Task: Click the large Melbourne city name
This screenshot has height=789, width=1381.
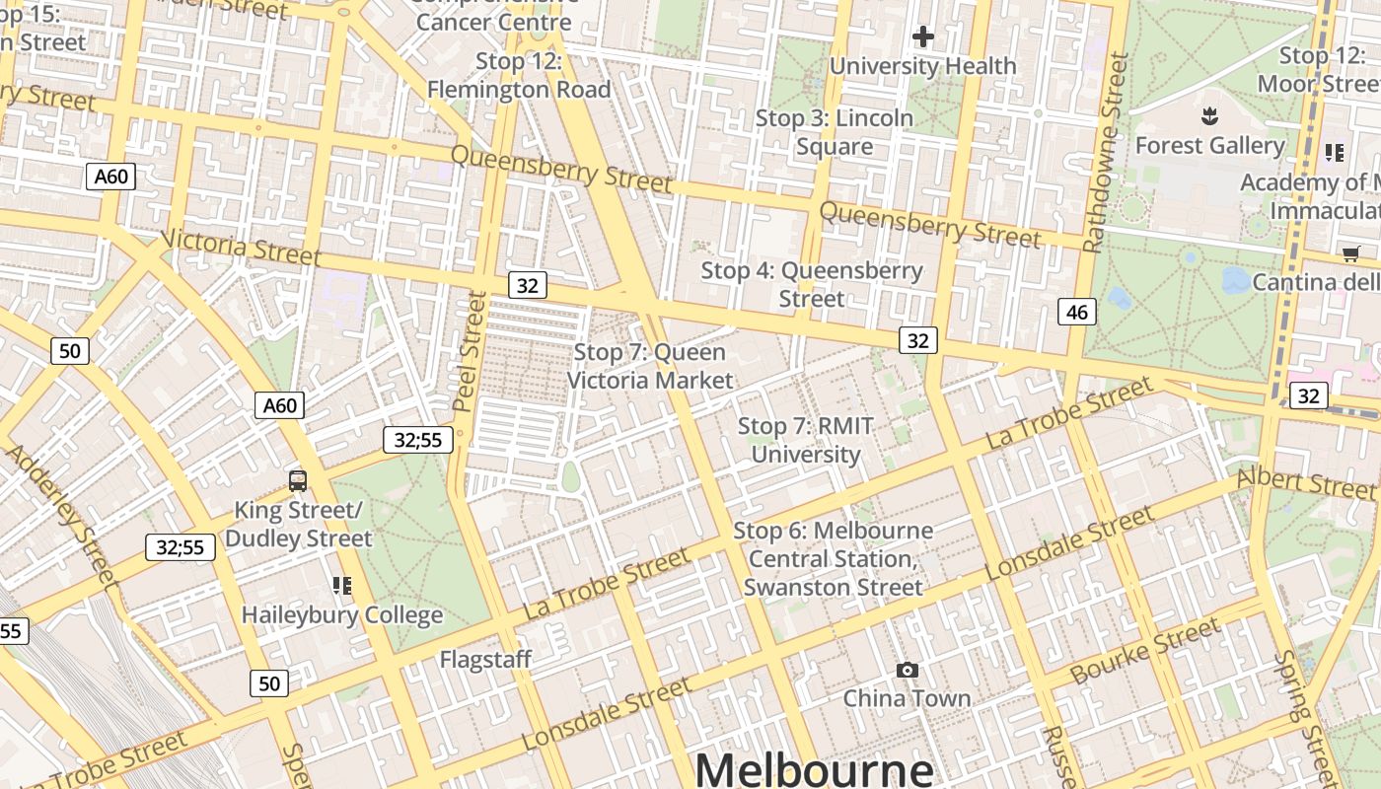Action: pos(814,769)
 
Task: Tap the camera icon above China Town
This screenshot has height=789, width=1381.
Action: pos(908,671)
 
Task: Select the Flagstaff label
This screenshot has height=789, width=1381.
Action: pos(485,659)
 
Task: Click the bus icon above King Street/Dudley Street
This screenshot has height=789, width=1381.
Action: pos(298,481)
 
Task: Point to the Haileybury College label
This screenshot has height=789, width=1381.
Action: pos(342,614)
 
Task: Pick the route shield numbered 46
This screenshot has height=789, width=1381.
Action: pos(1077,313)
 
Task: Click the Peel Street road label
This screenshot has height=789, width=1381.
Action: pos(471,351)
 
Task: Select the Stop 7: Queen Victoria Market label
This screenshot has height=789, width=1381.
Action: pos(650,366)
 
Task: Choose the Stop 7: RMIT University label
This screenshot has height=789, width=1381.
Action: pos(806,440)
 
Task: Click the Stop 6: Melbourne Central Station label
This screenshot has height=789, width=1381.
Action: pos(834,558)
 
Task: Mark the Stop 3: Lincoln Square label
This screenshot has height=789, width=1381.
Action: pos(835,132)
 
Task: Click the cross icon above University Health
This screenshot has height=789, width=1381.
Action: pos(923,37)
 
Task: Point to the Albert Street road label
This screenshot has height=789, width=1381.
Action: pos(1305,482)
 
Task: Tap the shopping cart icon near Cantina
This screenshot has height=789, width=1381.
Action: pos(1350,254)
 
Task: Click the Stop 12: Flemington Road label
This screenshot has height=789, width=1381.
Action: pos(519,75)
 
